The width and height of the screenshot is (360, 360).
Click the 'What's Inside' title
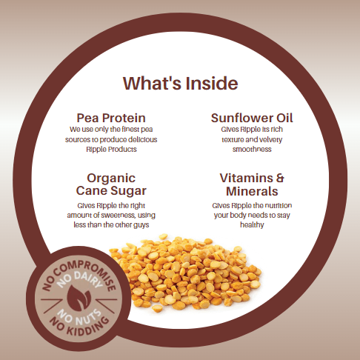[x=181, y=83]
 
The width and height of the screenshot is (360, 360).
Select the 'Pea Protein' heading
[x=111, y=118]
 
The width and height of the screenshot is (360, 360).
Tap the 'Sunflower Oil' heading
[x=252, y=118]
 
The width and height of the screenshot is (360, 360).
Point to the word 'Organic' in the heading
[x=111, y=179]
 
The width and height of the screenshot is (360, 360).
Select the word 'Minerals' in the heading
[x=252, y=191]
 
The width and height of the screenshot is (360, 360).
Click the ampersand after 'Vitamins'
[x=280, y=178]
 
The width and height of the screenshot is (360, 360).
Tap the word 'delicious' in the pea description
[x=143, y=139]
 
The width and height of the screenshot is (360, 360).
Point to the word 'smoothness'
[x=252, y=150]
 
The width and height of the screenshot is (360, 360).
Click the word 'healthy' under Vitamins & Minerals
[x=252, y=225]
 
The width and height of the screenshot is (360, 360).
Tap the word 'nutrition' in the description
[x=279, y=205]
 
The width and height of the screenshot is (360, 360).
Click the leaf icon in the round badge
[x=79, y=299]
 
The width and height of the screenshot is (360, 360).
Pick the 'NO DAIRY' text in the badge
[x=79, y=280]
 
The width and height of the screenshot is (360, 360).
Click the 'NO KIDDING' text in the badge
[x=79, y=327]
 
